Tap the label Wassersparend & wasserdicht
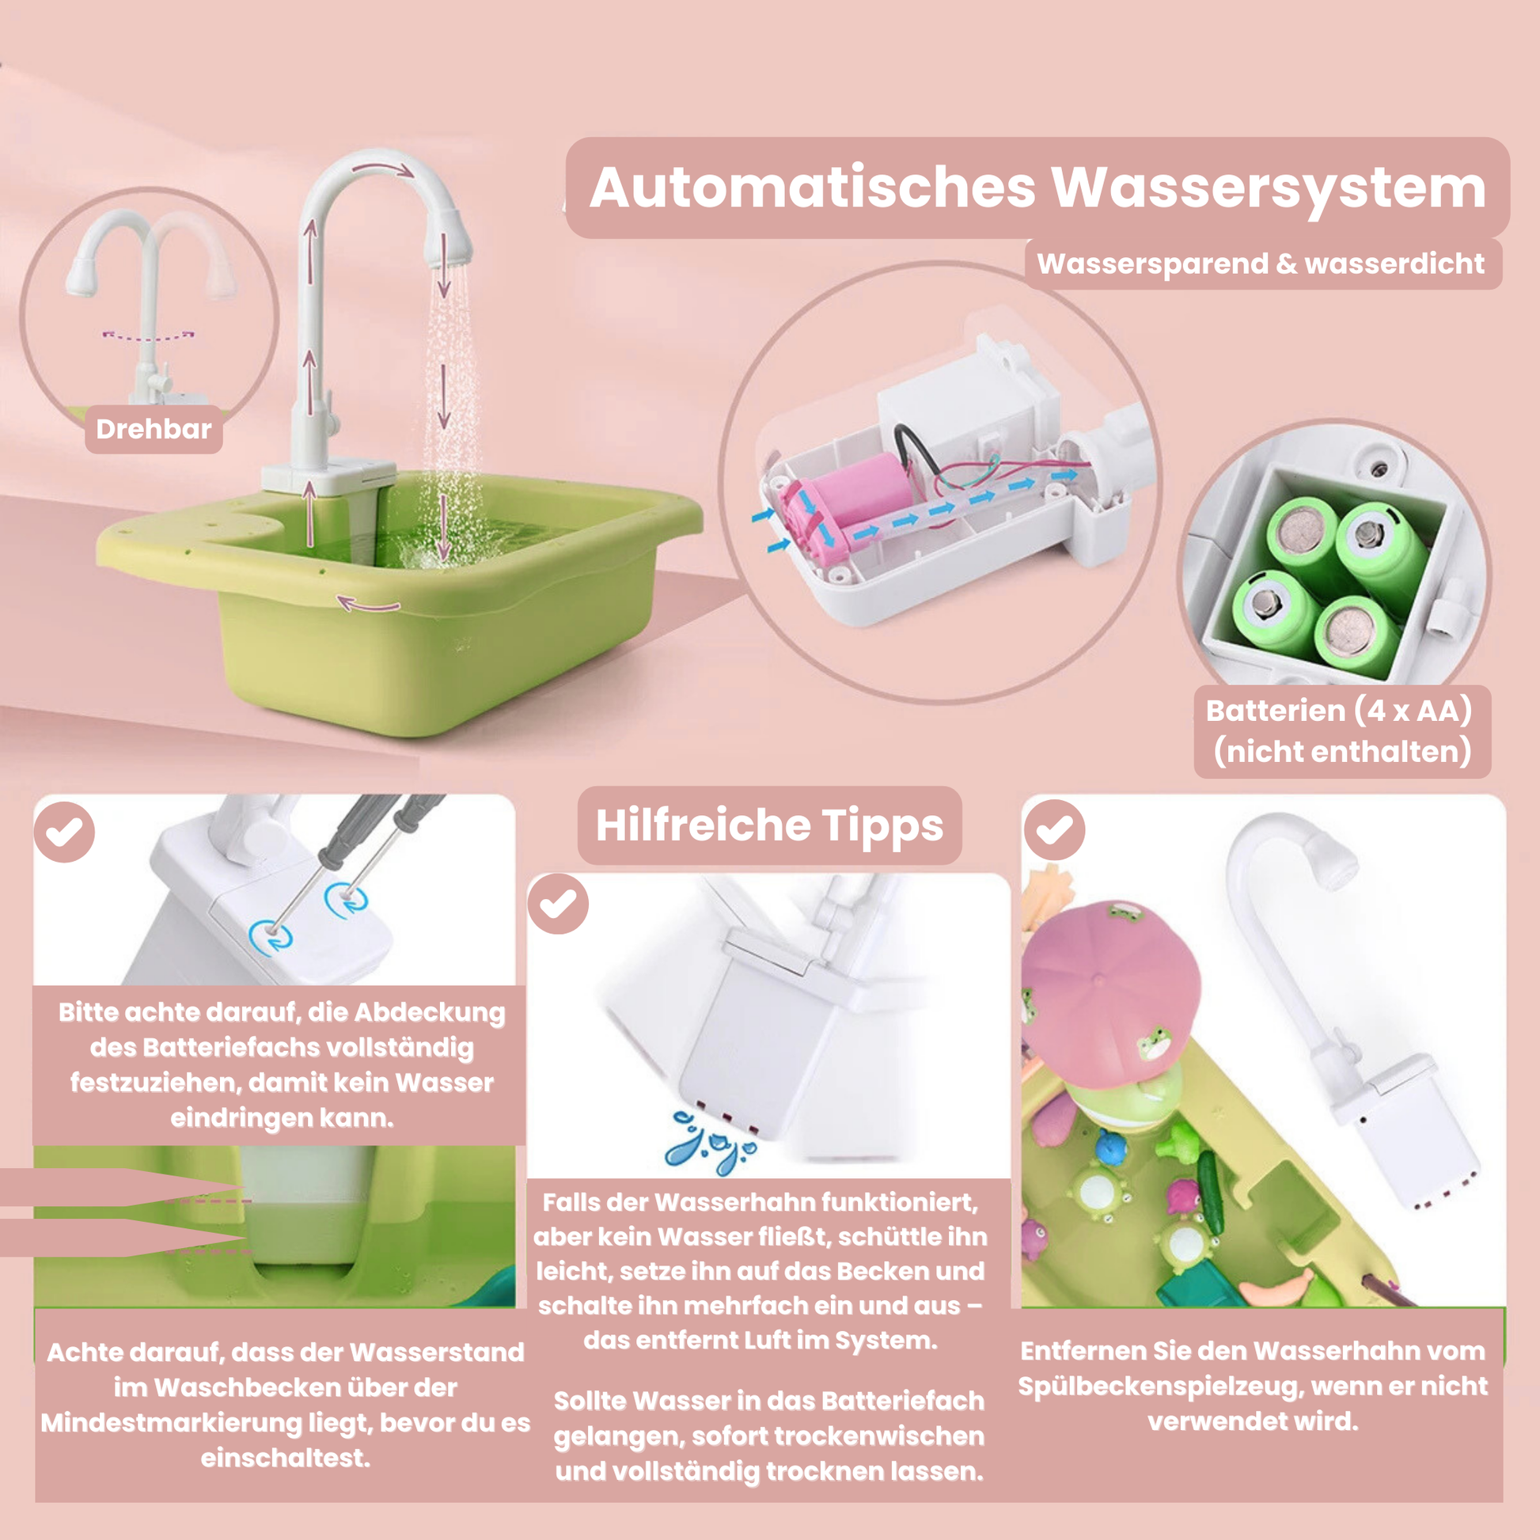pyautogui.click(x=1261, y=264)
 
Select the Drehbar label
pyautogui.click(x=154, y=430)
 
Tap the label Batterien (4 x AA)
pyautogui.click(x=1338, y=710)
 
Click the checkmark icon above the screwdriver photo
pyautogui.click(x=65, y=832)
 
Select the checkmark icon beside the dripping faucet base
pyautogui.click(x=558, y=903)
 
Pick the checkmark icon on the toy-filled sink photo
pyautogui.click(x=1055, y=830)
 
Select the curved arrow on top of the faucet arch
pyautogui.click(x=383, y=169)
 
